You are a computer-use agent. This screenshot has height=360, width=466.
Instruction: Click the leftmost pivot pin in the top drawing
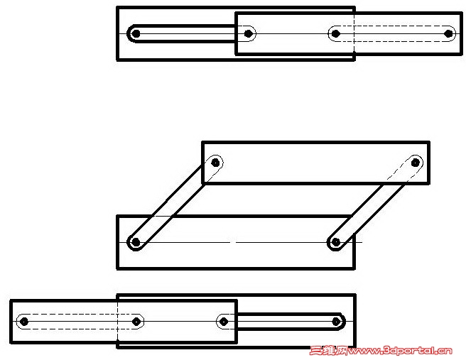136,33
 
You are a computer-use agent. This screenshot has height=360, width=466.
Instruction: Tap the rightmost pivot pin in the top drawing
448,33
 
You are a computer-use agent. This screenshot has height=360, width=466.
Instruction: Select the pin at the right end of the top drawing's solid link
248,33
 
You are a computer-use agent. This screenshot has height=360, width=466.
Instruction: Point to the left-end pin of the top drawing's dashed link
336,33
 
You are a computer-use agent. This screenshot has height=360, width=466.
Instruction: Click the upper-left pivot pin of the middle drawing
215,163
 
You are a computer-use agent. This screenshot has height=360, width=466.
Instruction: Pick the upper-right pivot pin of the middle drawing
415,163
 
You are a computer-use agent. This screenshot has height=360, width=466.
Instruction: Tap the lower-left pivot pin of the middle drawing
136,242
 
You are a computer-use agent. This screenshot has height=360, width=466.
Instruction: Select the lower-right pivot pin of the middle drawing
336,242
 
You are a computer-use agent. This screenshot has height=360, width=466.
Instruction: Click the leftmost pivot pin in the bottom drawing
24,322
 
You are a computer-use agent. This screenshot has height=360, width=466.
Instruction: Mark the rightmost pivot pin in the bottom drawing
336,322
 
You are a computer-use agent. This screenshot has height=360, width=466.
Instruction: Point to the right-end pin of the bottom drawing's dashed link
136,322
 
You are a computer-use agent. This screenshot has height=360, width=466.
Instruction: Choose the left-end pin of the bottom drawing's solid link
224,322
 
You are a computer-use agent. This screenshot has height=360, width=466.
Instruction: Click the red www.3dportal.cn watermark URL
400,351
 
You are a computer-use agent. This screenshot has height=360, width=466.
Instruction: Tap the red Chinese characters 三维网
328,351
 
